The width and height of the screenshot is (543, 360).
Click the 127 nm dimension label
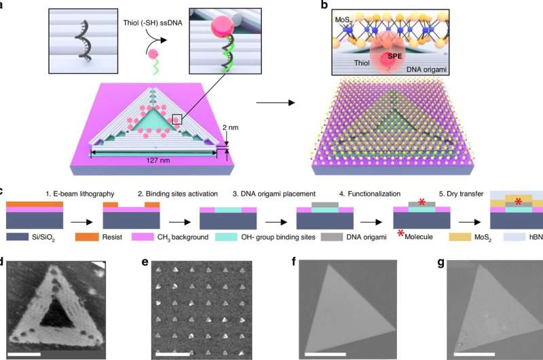click(158, 160)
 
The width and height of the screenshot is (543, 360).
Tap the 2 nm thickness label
click(230, 128)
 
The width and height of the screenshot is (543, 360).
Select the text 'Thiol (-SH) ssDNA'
click(153, 23)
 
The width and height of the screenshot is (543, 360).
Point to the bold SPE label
click(394, 56)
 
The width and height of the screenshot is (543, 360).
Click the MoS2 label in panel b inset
click(343, 20)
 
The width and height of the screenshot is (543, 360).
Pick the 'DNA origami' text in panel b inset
click(426, 69)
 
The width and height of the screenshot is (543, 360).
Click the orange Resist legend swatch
click(87, 236)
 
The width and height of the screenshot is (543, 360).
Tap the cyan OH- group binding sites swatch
click(227, 236)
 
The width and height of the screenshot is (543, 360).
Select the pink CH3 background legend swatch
click(143, 236)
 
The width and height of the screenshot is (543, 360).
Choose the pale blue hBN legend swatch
click(514, 236)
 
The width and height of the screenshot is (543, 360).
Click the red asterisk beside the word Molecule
click(400, 234)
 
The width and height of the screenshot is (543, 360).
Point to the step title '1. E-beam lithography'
click(80, 194)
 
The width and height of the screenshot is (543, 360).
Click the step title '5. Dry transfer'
click(461, 194)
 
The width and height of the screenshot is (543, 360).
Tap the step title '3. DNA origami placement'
click(274, 194)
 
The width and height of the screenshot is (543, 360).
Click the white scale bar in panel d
click(24, 354)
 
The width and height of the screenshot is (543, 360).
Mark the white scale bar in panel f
click(325, 354)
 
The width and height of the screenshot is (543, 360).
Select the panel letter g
click(441, 262)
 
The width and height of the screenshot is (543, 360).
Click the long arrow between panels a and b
click(276, 103)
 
